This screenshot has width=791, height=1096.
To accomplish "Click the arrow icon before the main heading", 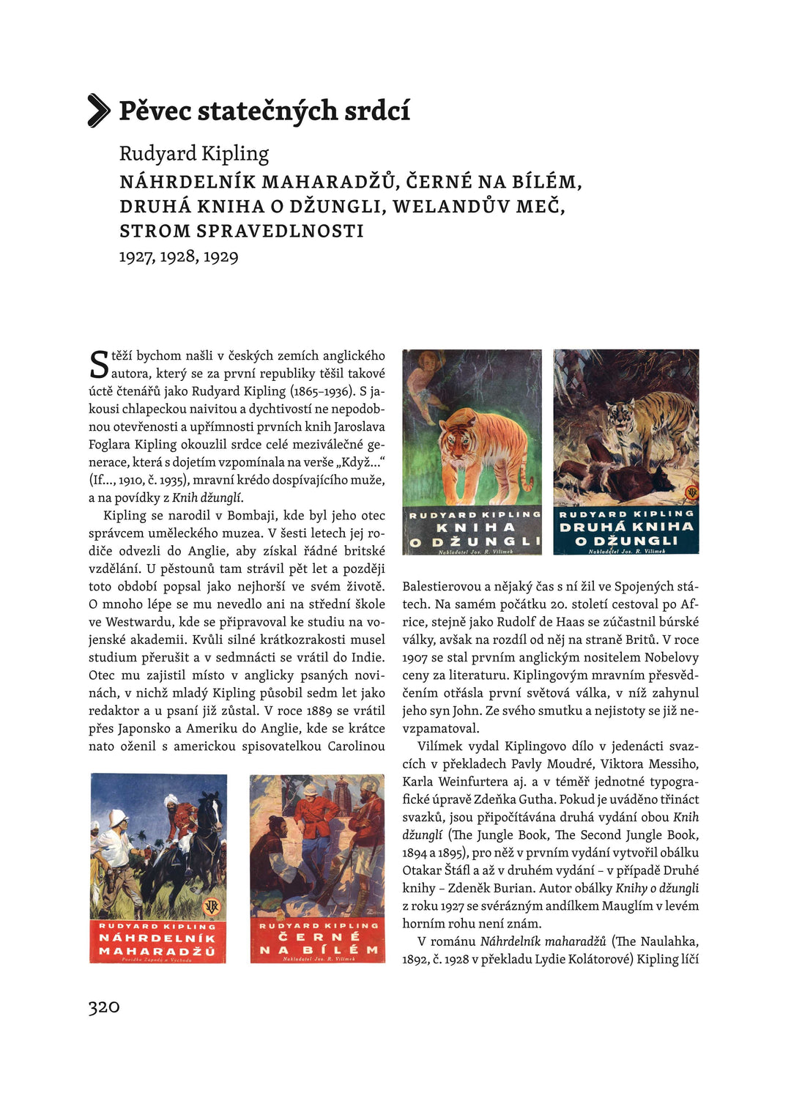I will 99,111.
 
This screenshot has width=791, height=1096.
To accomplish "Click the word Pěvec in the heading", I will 155,111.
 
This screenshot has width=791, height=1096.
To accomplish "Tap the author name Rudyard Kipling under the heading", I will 194,153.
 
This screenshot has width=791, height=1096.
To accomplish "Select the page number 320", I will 103,1007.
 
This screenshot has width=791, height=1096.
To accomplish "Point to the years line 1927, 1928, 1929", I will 179,256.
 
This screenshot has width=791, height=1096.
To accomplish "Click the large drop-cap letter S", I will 99,364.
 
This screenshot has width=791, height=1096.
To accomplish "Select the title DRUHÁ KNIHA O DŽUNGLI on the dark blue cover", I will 625,533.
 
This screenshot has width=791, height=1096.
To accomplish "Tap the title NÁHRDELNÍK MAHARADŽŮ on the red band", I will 157,944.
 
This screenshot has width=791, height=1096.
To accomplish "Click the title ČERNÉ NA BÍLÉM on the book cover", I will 318,943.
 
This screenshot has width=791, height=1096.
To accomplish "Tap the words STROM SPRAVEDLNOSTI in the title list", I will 242,232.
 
